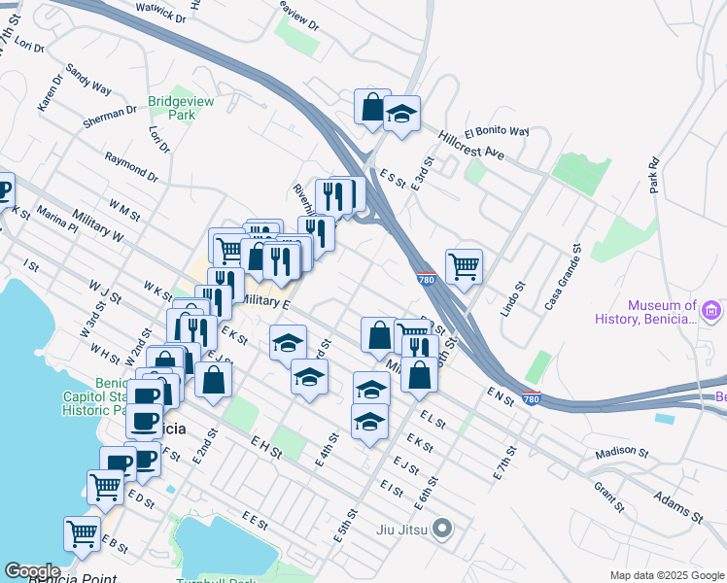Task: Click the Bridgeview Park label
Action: [172, 107]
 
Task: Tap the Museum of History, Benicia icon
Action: [711, 311]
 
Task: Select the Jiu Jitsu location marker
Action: [443, 530]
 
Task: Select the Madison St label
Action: [621, 452]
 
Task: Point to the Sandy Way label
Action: [88, 79]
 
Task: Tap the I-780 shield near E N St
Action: [531, 398]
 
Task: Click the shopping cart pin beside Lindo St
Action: [465, 264]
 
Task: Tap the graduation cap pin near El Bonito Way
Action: [401, 114]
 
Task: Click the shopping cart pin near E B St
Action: [82, 532]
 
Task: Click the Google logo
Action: [31, 571]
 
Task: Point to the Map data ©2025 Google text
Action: [666, 575]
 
